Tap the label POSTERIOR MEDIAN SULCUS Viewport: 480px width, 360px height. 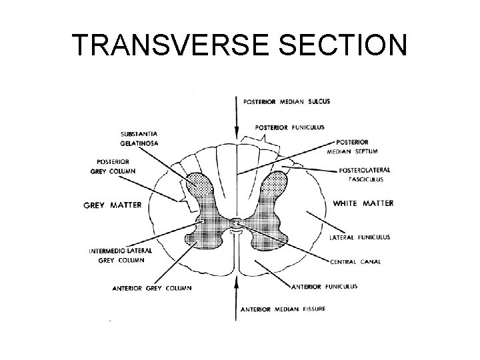(x=286, y=101)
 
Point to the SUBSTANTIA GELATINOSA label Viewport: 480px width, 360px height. (x=139, y=138)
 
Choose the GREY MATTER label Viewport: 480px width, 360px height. (x=113, y=205)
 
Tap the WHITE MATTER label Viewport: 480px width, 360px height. (x=363, y=203)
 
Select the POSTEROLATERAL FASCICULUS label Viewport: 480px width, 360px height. (x=364, y=174)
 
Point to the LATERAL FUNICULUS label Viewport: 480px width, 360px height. (x=361, y=237)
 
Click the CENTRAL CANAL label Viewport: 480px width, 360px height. (x=355, y=262)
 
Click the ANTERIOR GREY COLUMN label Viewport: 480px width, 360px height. (x=151, y=288)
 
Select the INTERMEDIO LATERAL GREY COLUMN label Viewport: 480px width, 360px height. (x=121, y=254)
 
